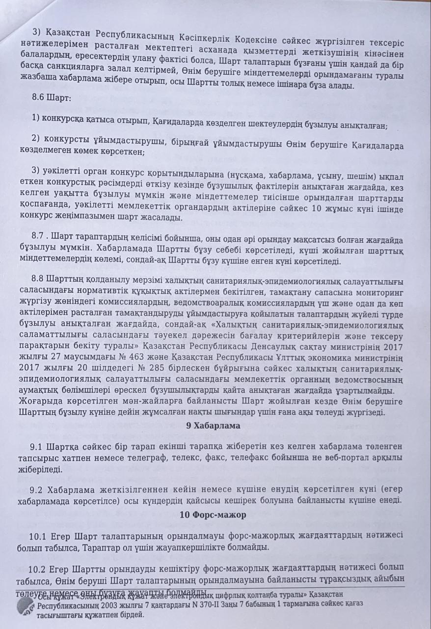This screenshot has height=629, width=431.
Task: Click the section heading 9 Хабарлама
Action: click(x=213, y=426)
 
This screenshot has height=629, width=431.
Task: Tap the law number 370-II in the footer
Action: click(x=201, y=605)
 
